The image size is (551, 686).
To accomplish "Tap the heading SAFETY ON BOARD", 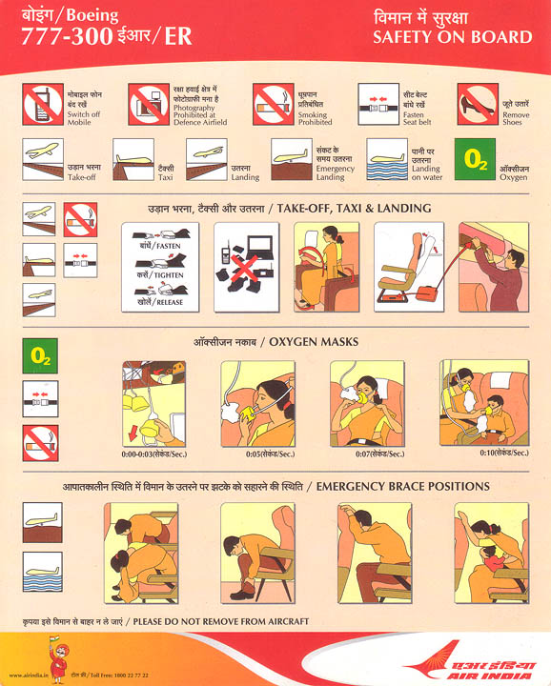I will [452, 37].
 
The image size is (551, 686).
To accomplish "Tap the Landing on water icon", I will [387, 158].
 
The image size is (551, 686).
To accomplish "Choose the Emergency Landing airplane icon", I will [292, 158].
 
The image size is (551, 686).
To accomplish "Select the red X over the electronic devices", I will [244, 271].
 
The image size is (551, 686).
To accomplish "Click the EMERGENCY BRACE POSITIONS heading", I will [402, 486].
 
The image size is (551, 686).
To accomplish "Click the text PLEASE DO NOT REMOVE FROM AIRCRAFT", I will [221, 621].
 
